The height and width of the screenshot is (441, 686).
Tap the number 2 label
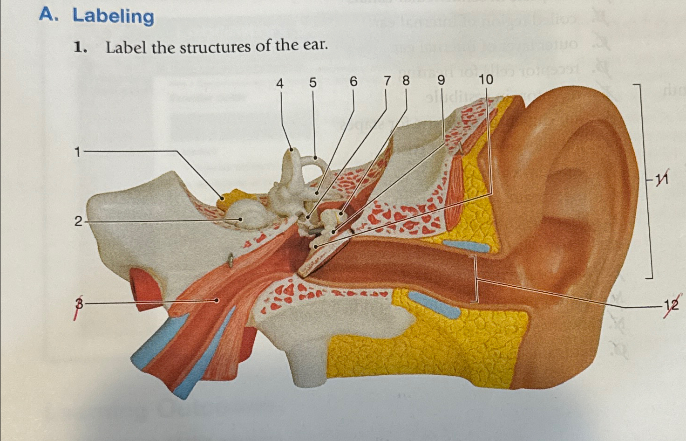(x=79, y=221)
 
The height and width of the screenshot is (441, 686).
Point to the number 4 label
(x=279, y=83)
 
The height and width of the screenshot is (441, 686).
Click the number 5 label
(x=312, y=83)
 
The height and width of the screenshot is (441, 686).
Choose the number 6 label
(x=353, y=82)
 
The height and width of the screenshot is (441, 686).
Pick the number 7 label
(x=387, y=81)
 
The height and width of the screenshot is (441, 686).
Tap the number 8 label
(x=406, y=81)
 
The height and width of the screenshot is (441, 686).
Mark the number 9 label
(x=441, y=81)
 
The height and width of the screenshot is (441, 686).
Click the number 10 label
(x=485, y=80)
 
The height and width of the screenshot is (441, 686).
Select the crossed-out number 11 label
(x=662, y=179)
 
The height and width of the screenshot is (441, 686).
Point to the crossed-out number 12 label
(x=671, y=305)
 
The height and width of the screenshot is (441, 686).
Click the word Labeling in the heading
(x=113, y=16)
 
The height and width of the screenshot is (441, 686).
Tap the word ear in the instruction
(x=316, y=46)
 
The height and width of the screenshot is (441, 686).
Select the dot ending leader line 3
(x=217, y=300)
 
